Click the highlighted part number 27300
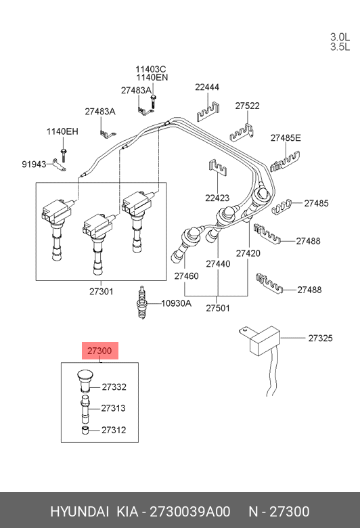(x=99, y=351)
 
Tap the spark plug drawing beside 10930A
(x=142, y=303)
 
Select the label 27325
(x=320, y=338)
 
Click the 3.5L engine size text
(x=340, y=47)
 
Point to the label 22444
(x=207, y=87)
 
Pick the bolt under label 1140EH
(x=63, y=154)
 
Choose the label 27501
(x=218, y=308)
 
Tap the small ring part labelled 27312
(x=85, y=430)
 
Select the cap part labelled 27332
(x=84, y=381)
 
